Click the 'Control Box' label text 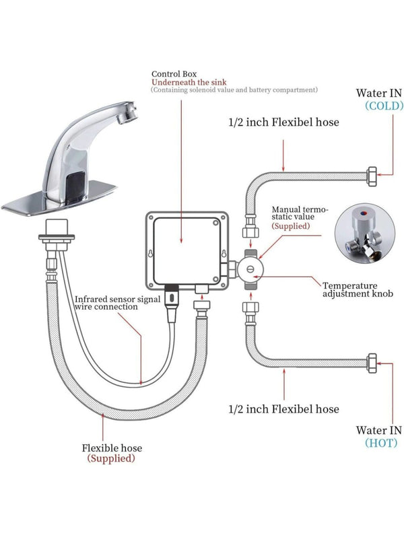[x=174, y=73]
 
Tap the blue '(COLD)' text [x=384, y=106]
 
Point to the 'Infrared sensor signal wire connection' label [x=116, y=303]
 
